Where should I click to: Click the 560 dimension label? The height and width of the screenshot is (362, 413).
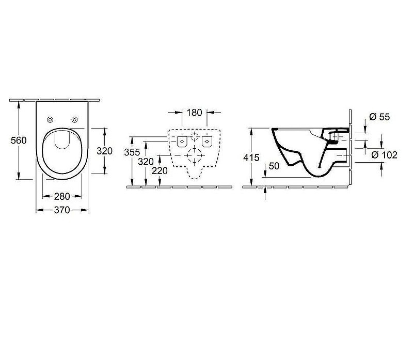pos(19,140)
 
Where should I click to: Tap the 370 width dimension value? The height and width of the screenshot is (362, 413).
pos(62,210)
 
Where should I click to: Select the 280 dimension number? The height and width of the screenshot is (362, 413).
pos(62,196)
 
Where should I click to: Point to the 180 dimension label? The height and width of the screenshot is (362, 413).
pos(195,113)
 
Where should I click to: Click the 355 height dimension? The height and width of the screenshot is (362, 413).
pos(132,152)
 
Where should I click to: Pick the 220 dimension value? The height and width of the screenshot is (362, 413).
pos(160,171)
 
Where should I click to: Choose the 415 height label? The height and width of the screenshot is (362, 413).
pos(251,158)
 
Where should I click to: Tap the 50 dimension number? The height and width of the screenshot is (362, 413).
pos(274,166)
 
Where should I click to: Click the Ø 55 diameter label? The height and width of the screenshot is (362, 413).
pos(379,117)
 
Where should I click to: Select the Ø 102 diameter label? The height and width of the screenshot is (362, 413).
pos(384,155)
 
